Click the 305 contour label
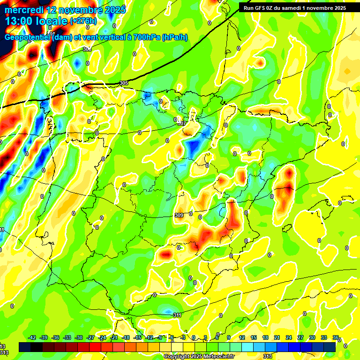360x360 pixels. click(124, 83)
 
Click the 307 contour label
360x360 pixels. click(182, 123)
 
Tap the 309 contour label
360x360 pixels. click(179, 215)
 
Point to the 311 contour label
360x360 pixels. click(177, 315)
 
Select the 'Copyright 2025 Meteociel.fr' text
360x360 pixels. click(200, 356)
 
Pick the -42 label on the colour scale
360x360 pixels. click(32, 337)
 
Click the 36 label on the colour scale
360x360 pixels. click(336, 337)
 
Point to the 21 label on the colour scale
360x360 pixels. click(277, 337)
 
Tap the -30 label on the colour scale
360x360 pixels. click(79, 337)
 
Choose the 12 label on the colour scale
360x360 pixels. click(242, 337)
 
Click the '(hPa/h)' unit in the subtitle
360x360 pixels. click(175, 37)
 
